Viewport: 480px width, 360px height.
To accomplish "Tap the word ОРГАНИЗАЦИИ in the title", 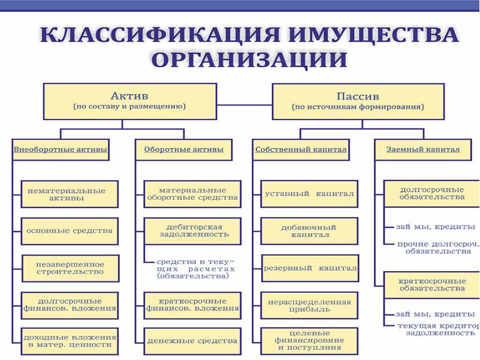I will [250, 60].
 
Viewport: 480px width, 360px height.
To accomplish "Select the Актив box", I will [130, 101].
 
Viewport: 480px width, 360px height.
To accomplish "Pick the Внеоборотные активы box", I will [61, 149].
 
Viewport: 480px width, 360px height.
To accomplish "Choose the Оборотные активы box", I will [184, 149].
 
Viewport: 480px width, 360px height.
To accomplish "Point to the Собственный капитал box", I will [301, 149].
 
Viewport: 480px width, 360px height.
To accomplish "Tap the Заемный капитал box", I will [418, 149].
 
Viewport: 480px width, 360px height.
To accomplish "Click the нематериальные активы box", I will [67, 194].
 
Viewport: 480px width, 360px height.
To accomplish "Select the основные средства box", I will [69, 230].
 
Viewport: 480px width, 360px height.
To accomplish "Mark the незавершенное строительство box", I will [70, 268].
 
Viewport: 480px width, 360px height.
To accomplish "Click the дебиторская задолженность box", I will [193, 230].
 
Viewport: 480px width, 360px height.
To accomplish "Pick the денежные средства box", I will [193, 341].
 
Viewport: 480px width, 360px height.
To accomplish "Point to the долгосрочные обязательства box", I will [431, 193].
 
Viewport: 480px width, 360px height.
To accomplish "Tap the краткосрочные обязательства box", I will [431, 284].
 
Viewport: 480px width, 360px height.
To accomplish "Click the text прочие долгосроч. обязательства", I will [438, 248].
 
